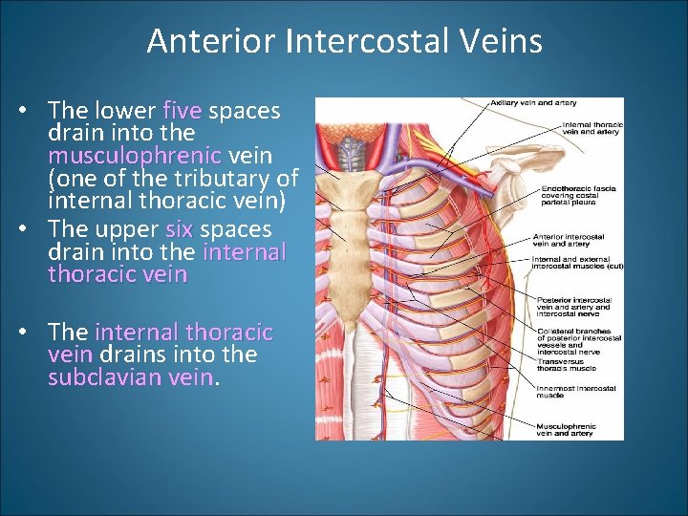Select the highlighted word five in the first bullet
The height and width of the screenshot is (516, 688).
[183, 111]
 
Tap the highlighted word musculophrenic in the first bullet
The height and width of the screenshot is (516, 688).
[135, 156]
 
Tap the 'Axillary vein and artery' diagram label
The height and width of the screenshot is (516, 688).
[524, 102]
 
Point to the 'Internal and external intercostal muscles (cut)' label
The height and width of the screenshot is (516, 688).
[577, 262]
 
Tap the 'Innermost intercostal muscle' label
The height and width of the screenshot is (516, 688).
[575, 391]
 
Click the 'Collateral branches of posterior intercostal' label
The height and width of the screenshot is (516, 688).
[577, 333]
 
